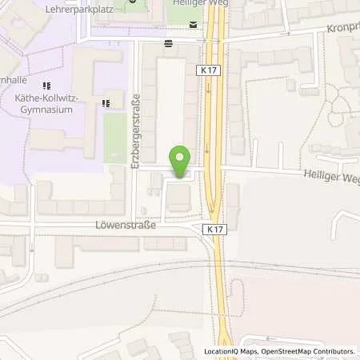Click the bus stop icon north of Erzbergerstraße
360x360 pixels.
coord(168,43)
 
